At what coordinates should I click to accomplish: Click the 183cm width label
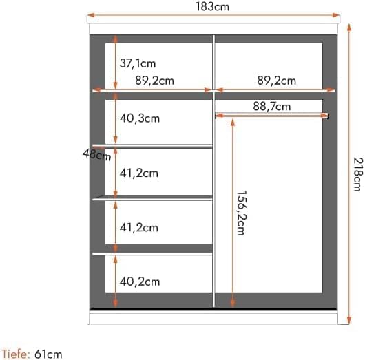click(x=212, y=7)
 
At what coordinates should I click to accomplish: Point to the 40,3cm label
click(x=140, y=118)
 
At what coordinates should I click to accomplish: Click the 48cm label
click(x=97, y=154)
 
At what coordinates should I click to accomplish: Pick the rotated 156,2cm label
click(x=240, y=213)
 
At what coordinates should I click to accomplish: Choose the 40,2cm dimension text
click(x=140, y=281)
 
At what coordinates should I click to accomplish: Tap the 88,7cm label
click(x=271, y=106)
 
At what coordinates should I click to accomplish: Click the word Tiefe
click(x=15, y=354)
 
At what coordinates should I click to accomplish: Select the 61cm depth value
click(x=49, y=354)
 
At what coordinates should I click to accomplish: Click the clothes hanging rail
click(x=272, y=115)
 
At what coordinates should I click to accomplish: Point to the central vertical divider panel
click(x=214, y=172)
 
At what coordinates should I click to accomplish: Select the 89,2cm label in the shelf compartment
click(x=154, y=81)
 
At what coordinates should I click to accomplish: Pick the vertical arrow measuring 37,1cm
click(x=115, y=63)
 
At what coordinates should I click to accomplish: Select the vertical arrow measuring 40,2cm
click(x=115, y=281)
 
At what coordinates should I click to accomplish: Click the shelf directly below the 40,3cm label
click(x=153, y=146)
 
